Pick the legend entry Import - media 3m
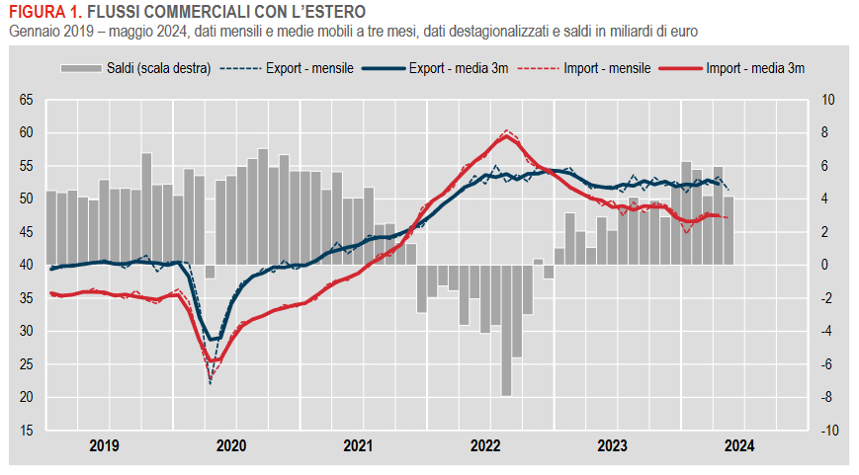[754, 69]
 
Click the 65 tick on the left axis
[27, 100]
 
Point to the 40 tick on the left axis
[27, 265]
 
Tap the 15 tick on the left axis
[27, 431]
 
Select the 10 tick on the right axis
[828, 100]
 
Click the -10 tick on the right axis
[828, 431]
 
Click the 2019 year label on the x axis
[105, 446]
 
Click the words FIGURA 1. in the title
[43, 13]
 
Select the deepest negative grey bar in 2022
[506, 331]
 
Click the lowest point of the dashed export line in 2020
[210, 382]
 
